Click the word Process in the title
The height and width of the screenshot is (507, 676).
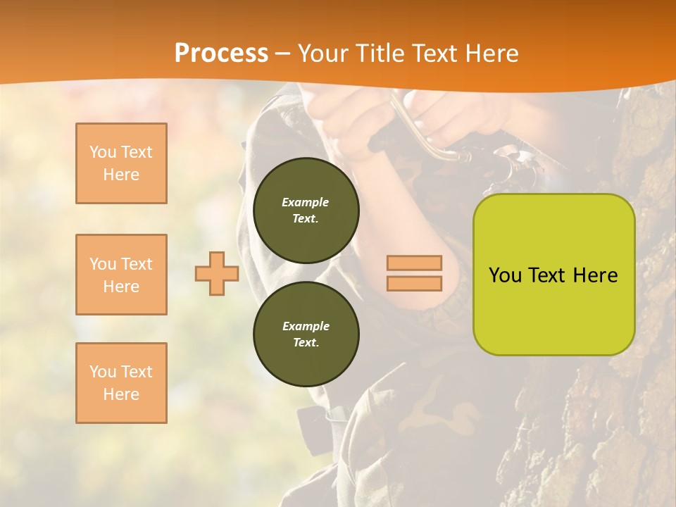[221, 53]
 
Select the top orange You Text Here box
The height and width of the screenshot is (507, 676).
[121, 163]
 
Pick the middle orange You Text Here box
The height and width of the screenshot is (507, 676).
[121, 275]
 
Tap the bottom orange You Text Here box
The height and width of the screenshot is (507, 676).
[121, 383]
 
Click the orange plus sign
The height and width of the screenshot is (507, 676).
[217, 273]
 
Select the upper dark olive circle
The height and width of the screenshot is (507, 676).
[306, 211]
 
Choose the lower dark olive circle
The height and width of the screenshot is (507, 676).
[306, 334]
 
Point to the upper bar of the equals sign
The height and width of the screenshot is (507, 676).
[414, 263]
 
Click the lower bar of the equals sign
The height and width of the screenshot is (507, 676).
[414, 283]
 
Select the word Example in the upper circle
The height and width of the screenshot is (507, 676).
[306, 202]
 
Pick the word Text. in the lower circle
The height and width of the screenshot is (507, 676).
[306, 342]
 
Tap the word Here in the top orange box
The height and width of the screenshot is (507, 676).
[121, 175]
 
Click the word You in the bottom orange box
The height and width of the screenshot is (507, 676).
[103, 371]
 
